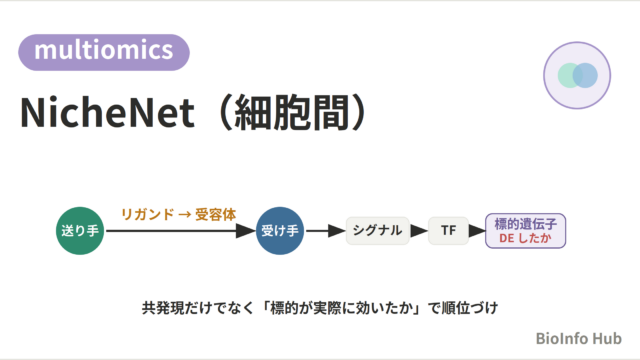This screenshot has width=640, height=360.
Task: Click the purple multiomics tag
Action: (x=104, y=52)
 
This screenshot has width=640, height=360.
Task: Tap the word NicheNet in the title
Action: (x=107, y=113)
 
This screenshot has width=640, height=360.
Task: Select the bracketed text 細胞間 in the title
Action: (x=291, y=113)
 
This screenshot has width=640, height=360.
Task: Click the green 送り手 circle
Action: (x=80, y=231)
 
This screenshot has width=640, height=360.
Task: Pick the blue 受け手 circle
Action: (x=280, y=231)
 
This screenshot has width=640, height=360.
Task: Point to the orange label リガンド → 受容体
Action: (x=178, y=214)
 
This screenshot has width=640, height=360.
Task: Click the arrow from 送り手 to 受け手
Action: (x=180, y=231)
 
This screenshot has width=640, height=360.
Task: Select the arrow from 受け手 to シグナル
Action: (x=325, y=231)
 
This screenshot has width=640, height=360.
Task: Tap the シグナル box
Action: (x=377, y=231)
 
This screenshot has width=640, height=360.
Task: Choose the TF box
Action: (x=448, y=231)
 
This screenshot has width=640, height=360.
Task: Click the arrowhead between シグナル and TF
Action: (x=419, y=231)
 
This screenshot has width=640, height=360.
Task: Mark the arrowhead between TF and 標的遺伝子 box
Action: (x=477, y=231)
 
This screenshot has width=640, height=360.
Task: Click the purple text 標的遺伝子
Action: (x=526, y=224)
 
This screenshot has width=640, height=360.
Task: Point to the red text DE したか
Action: (x=525, y=238)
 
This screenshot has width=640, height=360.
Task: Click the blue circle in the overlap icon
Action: (x=585, y=76)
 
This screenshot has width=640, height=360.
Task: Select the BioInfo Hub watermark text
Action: (x=578, y=338)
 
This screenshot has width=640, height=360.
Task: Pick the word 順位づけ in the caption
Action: (x=470, y=308)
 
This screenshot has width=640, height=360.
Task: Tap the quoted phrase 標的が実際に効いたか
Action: (x=342, y=308)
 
